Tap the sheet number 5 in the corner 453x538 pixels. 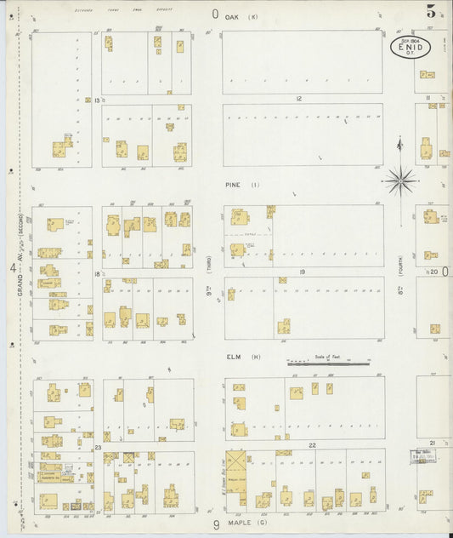click(432, 11)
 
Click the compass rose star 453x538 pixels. click(399, 179)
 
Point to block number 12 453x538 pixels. click(299, 99)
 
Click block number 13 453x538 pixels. click(97, 100)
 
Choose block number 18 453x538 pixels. click(98, 273)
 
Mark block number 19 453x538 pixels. click(302, 272)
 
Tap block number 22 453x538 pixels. click(312, 445)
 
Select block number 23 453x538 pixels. click(98, 447)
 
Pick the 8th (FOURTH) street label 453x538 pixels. click(399, 281)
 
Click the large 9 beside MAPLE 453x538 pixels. click(216, 525)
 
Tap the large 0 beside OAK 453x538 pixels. click(215, 14)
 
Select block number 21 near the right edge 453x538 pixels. click(433, 443)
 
